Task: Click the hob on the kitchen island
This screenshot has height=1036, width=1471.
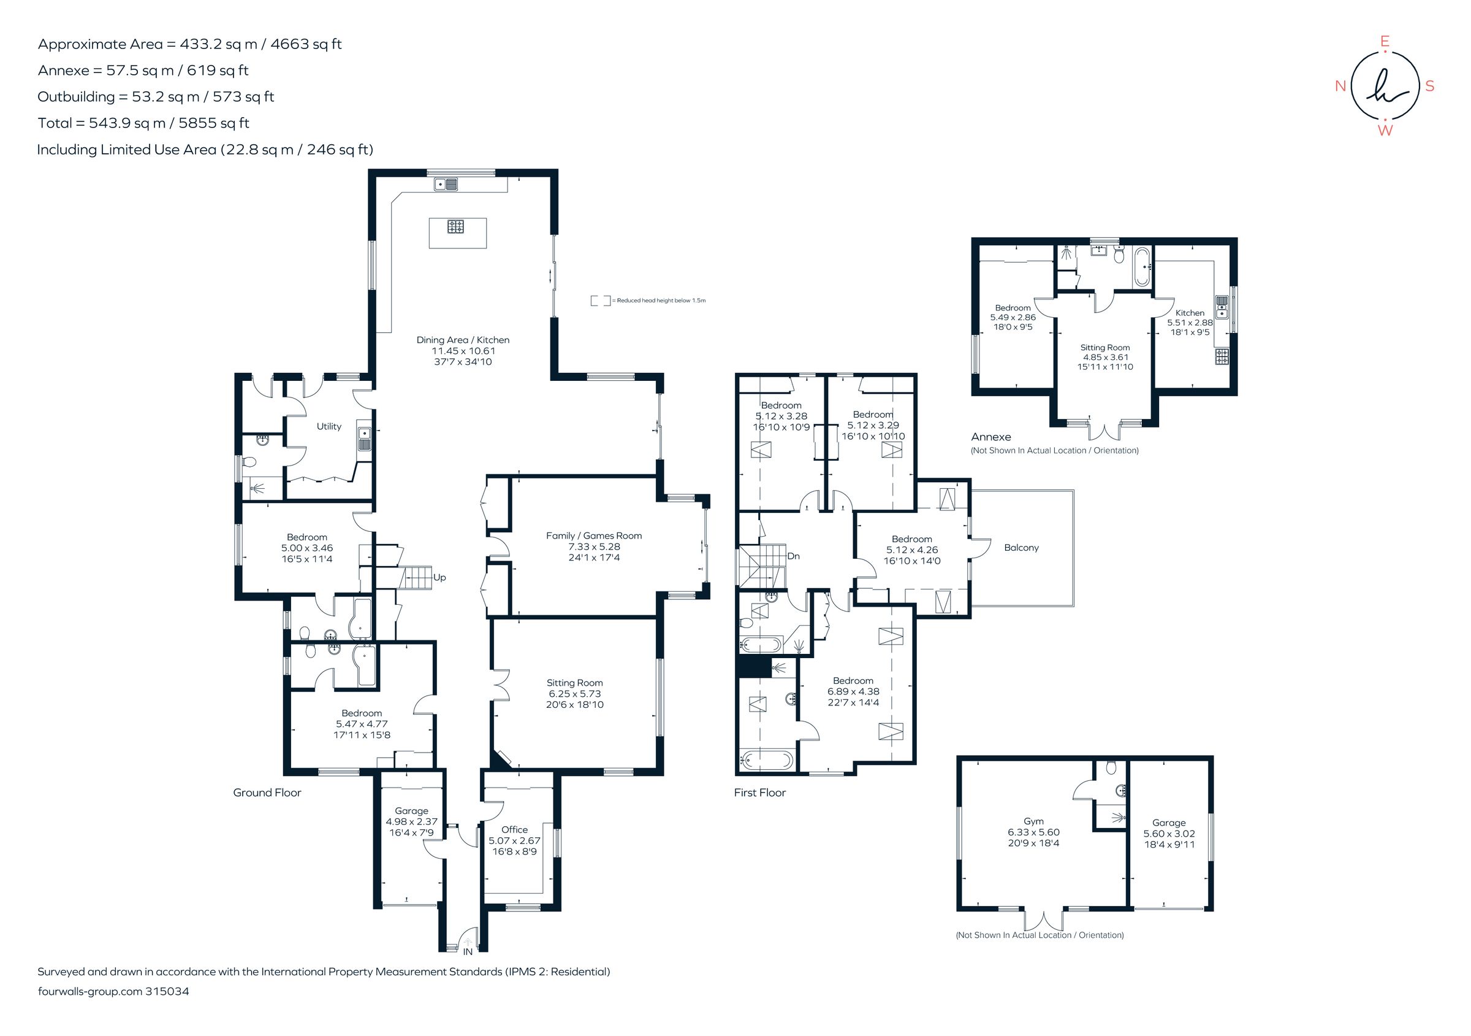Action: [455, 226]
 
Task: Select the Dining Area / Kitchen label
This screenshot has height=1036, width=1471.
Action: [463, 340]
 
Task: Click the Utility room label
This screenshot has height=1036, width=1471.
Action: [329, 426]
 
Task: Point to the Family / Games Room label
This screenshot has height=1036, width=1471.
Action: [593, 536]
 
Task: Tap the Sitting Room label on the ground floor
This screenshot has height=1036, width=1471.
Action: [574, 683]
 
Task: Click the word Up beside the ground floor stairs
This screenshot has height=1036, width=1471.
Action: [439, 578]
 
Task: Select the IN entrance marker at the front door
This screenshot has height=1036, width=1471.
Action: [468, 952]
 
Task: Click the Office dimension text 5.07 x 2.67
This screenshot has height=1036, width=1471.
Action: [514, 840]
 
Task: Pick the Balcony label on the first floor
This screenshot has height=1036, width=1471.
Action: [1021, 548]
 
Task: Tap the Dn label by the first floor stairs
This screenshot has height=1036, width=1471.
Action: [793, 556]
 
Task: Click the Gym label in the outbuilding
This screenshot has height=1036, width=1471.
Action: [1033, 821]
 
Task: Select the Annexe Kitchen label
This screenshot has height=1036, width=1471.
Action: [1190, 313]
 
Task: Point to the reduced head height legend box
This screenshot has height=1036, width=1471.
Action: [600, 301]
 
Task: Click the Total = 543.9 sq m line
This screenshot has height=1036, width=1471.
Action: [143, 123]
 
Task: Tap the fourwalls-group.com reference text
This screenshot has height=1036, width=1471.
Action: [113, 991]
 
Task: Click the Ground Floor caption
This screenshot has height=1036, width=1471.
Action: [267, 793]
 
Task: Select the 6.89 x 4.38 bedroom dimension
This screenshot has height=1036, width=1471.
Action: [853, 692]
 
